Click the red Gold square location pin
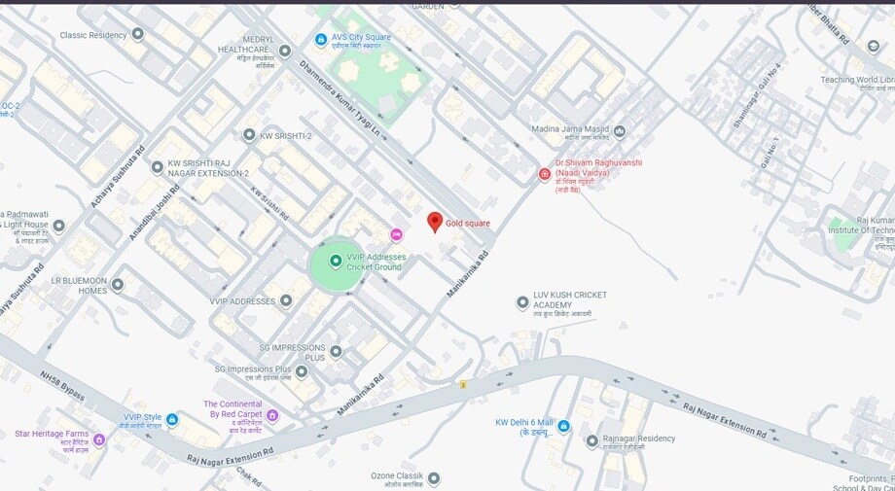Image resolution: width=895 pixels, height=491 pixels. (x=435, y=222)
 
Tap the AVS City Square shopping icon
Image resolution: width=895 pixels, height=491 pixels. (x=321, y=39)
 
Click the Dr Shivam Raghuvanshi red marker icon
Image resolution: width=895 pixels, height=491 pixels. (x=545, y=174)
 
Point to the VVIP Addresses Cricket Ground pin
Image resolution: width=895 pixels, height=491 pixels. (x=336, y=261)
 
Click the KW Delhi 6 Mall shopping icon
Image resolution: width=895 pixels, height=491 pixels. (x=563, y=426)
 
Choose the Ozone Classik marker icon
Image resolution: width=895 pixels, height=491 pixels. (x=434, y=478)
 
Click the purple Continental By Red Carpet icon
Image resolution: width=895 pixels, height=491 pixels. (x=272, y=415)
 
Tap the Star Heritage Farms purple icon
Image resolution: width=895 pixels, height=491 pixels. (x=98, y=438)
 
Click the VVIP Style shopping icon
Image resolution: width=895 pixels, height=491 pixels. (x=172, y=420)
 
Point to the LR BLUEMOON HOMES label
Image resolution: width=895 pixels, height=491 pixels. (x=79, y=285)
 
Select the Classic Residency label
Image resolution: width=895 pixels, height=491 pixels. (x=93, y=35)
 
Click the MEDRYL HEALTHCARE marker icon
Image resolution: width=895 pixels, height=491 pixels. (x=285, y=51)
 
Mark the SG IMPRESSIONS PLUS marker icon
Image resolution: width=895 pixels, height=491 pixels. (x=336, y=351)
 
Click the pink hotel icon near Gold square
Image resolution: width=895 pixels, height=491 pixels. (x=396, y=234)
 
